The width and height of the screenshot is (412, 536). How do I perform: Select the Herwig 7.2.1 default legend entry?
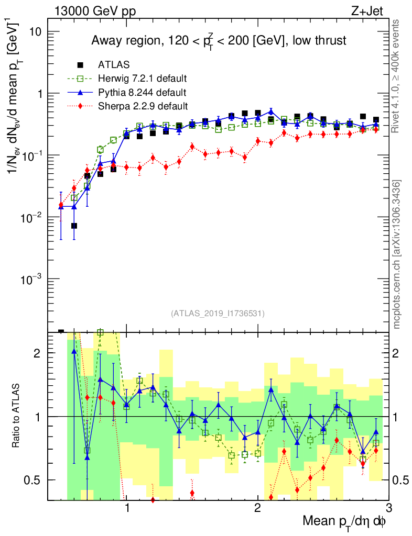pos(143,79)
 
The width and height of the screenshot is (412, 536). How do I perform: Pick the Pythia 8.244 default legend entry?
pos(142,93)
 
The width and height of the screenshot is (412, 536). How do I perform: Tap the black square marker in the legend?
pos(80,65)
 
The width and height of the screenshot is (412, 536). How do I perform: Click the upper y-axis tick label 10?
pos(34,31)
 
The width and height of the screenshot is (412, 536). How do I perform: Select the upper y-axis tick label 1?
pos(39,94)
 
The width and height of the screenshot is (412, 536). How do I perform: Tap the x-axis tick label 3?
pos(388,508)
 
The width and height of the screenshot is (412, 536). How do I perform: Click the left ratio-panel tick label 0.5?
pos(35,480)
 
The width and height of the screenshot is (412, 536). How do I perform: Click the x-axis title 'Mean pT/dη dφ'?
pos(344,522)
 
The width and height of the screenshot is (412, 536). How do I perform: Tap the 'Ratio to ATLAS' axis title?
pos(16,416)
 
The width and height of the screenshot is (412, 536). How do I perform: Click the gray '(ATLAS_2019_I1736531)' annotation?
pos(218,314)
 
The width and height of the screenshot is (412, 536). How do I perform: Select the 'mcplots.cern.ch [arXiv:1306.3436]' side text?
pos(397,254)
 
